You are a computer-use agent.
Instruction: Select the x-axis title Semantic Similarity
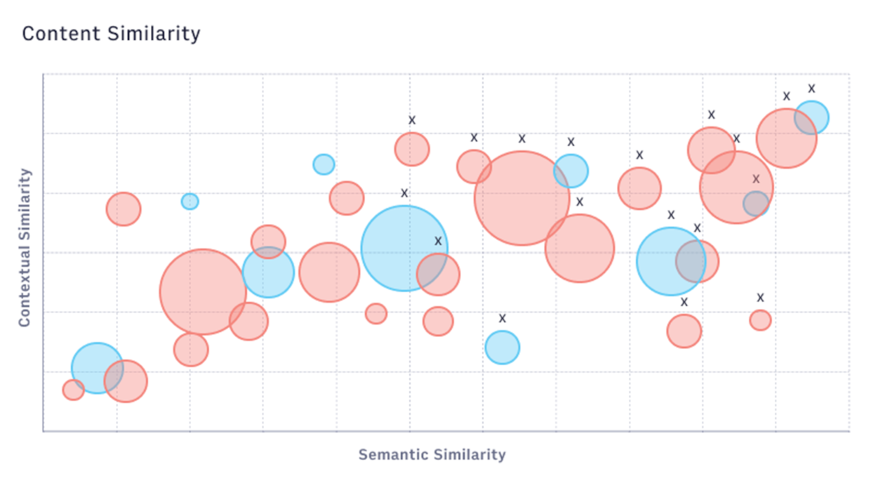tap(432, 454)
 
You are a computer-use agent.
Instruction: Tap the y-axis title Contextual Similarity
tap(24, 247)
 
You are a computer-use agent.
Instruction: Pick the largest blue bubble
tap(404, 248)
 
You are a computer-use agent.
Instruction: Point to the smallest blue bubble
tap(190, 201)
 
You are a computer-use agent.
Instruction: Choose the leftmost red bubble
tap(73, 390)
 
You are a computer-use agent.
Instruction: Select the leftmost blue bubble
tap(97, 368)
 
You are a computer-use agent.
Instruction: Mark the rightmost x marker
tap(812, 88)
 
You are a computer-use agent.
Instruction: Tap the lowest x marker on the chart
tap(502, 318)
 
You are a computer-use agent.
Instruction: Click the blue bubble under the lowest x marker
tap(502, 348)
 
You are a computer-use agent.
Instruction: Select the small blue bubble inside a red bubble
tap(756, 203)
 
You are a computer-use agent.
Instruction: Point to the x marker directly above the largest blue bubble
tap(405, 193)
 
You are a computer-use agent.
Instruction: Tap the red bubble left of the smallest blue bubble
tap(123, 209)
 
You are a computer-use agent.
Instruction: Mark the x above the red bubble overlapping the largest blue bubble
tap(439, 241)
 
